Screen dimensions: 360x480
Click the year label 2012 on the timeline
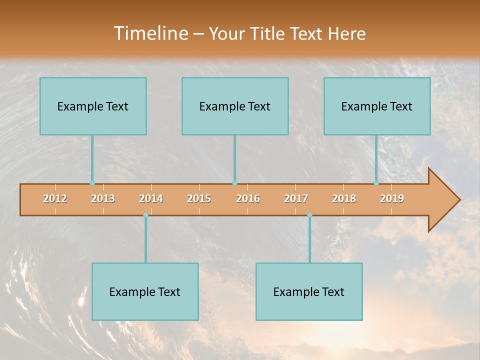55,198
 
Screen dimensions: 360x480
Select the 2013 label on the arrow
103,198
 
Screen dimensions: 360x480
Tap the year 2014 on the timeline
151,198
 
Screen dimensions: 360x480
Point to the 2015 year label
199,198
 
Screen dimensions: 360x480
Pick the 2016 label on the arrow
248,198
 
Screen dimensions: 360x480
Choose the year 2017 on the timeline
296,198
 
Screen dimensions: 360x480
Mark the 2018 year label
344,198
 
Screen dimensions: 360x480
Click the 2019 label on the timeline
392,198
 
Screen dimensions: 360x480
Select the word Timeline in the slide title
150,33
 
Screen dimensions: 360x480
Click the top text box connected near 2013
93,106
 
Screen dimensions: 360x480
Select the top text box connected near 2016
235,106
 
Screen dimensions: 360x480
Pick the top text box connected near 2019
377,106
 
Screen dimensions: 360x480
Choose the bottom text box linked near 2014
145,291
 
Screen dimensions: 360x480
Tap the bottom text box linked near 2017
309,291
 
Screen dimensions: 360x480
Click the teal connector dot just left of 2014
145,215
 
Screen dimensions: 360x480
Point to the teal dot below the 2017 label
309,215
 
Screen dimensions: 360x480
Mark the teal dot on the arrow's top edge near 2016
234,183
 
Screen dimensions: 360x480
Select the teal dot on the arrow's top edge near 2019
376,183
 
